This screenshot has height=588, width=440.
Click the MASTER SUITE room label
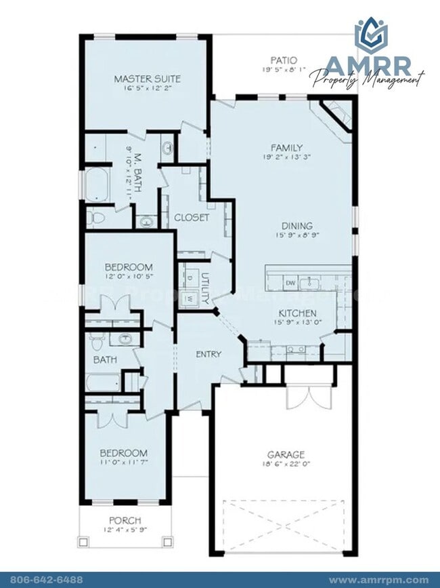click(x=147, y=79)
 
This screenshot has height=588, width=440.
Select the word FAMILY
click(x=287, y=148)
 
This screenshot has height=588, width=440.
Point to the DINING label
click(x=297, y=226)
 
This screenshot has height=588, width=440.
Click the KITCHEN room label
click(x=298, y=313)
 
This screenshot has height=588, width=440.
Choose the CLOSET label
click(x=192, y=218)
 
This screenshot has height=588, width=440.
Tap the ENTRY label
click(x=208, y=354)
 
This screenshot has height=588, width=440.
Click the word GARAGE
click(x=286, y=454)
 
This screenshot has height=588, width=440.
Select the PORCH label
click(x=124, y=521)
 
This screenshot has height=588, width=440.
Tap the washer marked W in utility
click(x=190, y=298)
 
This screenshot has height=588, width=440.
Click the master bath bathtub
click(x=96, y=185)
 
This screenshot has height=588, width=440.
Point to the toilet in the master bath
click(x=95, y=218)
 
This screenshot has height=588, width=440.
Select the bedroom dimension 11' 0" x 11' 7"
click(x=124, y=463)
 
